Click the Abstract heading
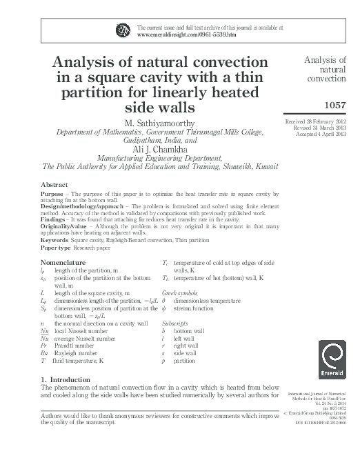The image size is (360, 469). (x=54, y=186)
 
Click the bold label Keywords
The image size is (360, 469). (x=58, y=241)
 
